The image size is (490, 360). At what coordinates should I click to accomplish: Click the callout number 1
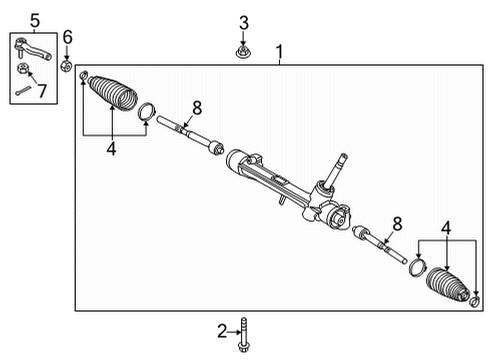click(280, 50)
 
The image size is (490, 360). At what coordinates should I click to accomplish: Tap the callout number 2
click(222, 330)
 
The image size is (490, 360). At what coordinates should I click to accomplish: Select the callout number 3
click(243, 22)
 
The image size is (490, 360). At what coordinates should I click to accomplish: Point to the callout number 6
click(67, 38)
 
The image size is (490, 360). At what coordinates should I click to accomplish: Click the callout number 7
click(42, 91)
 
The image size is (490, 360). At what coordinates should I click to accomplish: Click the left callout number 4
click(111, 150)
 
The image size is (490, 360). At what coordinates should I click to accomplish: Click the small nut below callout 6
click(67, 67)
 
